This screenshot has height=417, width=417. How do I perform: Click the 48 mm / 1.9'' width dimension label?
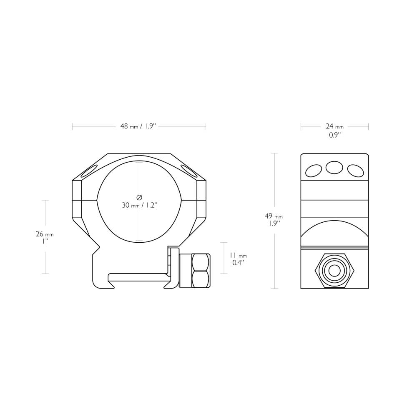click(138, 126)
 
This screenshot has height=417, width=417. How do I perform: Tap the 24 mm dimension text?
click(334, 126)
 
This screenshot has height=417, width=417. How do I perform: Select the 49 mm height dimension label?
click(274, 216)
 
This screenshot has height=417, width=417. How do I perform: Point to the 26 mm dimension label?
click(45, 234)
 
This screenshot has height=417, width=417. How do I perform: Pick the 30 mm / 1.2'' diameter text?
click(139, 205)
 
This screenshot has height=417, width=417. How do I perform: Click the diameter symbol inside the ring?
click(139, 197)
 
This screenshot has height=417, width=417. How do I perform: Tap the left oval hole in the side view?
click(314, 170)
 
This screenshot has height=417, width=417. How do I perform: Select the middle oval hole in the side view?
click(334, 167)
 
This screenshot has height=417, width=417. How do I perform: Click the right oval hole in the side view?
click(355, 170)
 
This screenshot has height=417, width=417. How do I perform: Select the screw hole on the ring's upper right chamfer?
click(189, 170)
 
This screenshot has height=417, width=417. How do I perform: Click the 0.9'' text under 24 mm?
click(334, 135)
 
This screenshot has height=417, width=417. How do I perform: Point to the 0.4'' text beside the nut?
click(238, 263)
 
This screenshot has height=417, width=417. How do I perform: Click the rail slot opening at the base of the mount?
click(138, 277)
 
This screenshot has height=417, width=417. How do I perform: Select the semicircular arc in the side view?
click(334, 234)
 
